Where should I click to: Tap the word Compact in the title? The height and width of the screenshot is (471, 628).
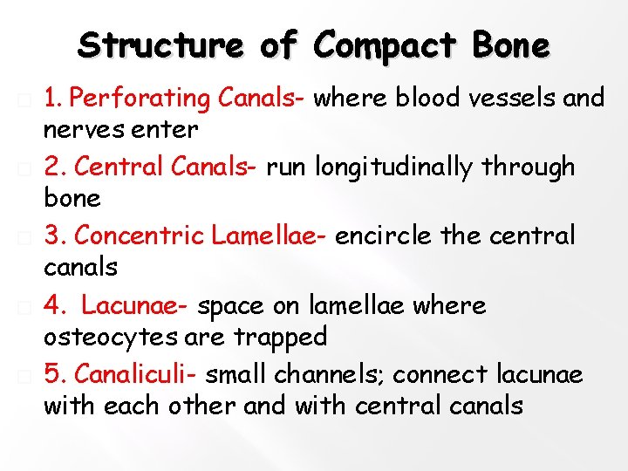click(386, 45)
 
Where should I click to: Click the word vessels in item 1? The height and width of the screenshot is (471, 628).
click(515, 99)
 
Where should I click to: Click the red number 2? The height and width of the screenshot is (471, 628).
click(52, 166)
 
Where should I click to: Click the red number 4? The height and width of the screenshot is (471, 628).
click(52, 305)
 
